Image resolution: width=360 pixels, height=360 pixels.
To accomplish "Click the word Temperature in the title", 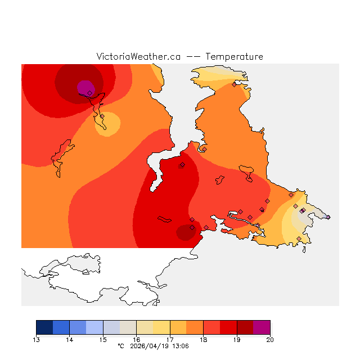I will point(234,57).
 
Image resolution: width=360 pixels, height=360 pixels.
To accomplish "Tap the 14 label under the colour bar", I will point(70,339).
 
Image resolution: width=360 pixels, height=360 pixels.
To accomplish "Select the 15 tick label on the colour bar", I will point(103,339).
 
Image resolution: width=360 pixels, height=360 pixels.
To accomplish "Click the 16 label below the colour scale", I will point(136,339).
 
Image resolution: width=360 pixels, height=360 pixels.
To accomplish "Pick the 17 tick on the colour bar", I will point(170,339).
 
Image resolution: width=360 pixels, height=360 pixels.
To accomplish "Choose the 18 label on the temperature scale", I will point(203,339).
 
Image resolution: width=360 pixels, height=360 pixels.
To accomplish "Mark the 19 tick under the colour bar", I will point(236,339).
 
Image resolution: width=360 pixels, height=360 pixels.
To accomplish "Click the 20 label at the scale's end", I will point(269,339).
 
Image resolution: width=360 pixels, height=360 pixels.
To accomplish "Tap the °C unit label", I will point(120,346).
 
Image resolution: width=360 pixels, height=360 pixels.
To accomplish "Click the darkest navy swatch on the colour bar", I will point(44,327).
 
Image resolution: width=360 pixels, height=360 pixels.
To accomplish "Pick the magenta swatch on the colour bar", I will point(262,327).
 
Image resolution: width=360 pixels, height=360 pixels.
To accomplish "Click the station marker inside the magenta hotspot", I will point(89,93).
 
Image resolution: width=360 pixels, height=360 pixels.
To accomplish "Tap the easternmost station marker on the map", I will point(328,217).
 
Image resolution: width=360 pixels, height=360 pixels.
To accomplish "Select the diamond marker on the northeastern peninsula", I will point(234,85).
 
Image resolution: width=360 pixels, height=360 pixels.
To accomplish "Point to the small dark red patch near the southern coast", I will point(184,232).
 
